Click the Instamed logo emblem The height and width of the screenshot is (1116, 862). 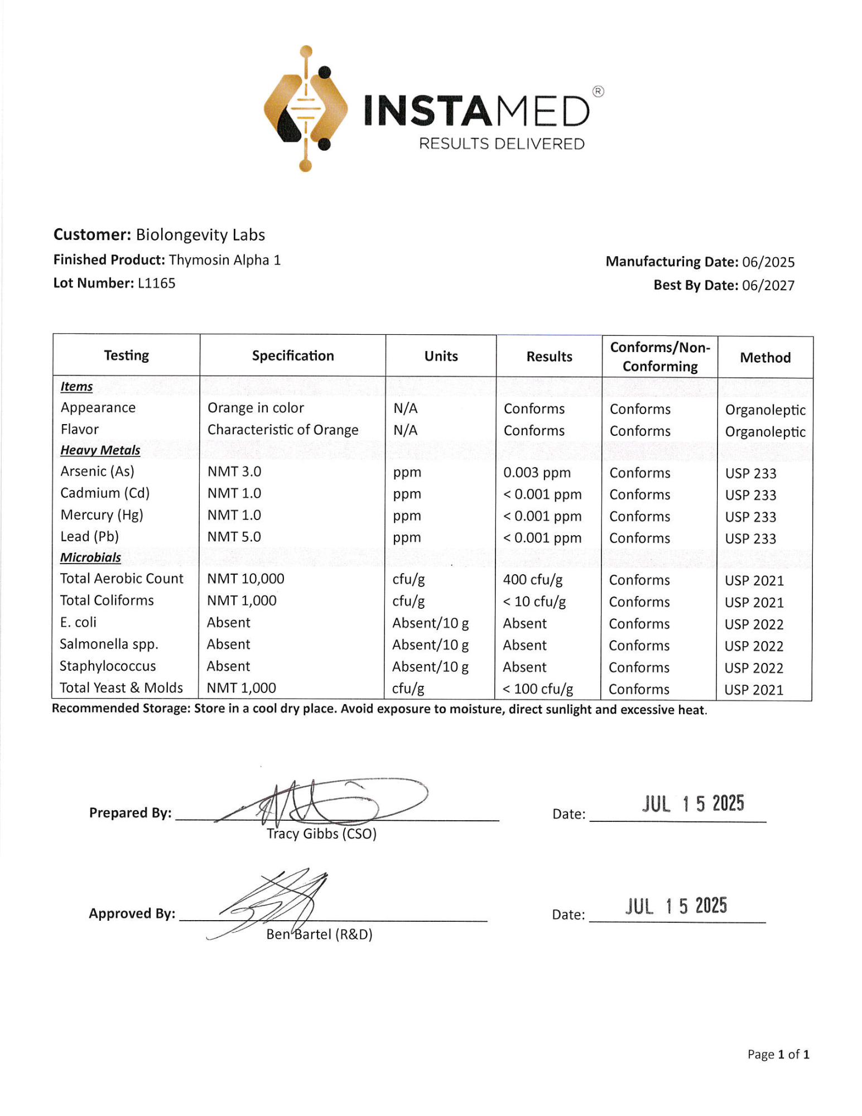[x=306, y=109]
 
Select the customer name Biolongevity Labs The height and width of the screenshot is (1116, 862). [x=200, y=235]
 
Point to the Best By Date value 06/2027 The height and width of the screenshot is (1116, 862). [x=768, y=286]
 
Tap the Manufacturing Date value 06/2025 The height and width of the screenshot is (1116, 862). [x=768, y=262]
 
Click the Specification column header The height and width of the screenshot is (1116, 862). [x=292, y=356]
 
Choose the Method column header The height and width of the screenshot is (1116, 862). [x=764, y=358]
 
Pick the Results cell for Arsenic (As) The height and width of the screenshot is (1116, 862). [x=536, y=473]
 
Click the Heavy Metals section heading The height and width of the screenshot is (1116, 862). [x=100, y=450]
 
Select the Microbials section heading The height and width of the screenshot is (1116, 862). [x=90, y=557]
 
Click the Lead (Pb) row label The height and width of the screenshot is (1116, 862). [x=89, y=537]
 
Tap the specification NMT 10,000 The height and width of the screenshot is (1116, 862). [x=245, y=579]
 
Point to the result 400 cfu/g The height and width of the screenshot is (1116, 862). [x=532, y=580]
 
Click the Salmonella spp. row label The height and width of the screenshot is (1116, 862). [x=109, y=644]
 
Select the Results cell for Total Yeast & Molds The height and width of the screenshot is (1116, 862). [x=537, y=689]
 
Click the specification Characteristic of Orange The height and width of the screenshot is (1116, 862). [x=283, y=430]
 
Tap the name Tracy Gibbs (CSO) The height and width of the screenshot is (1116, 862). [x=321, y=834]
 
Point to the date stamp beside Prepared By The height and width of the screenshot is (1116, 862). [x=692, y=804]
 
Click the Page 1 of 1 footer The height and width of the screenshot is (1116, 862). [x=778, y=1054]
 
